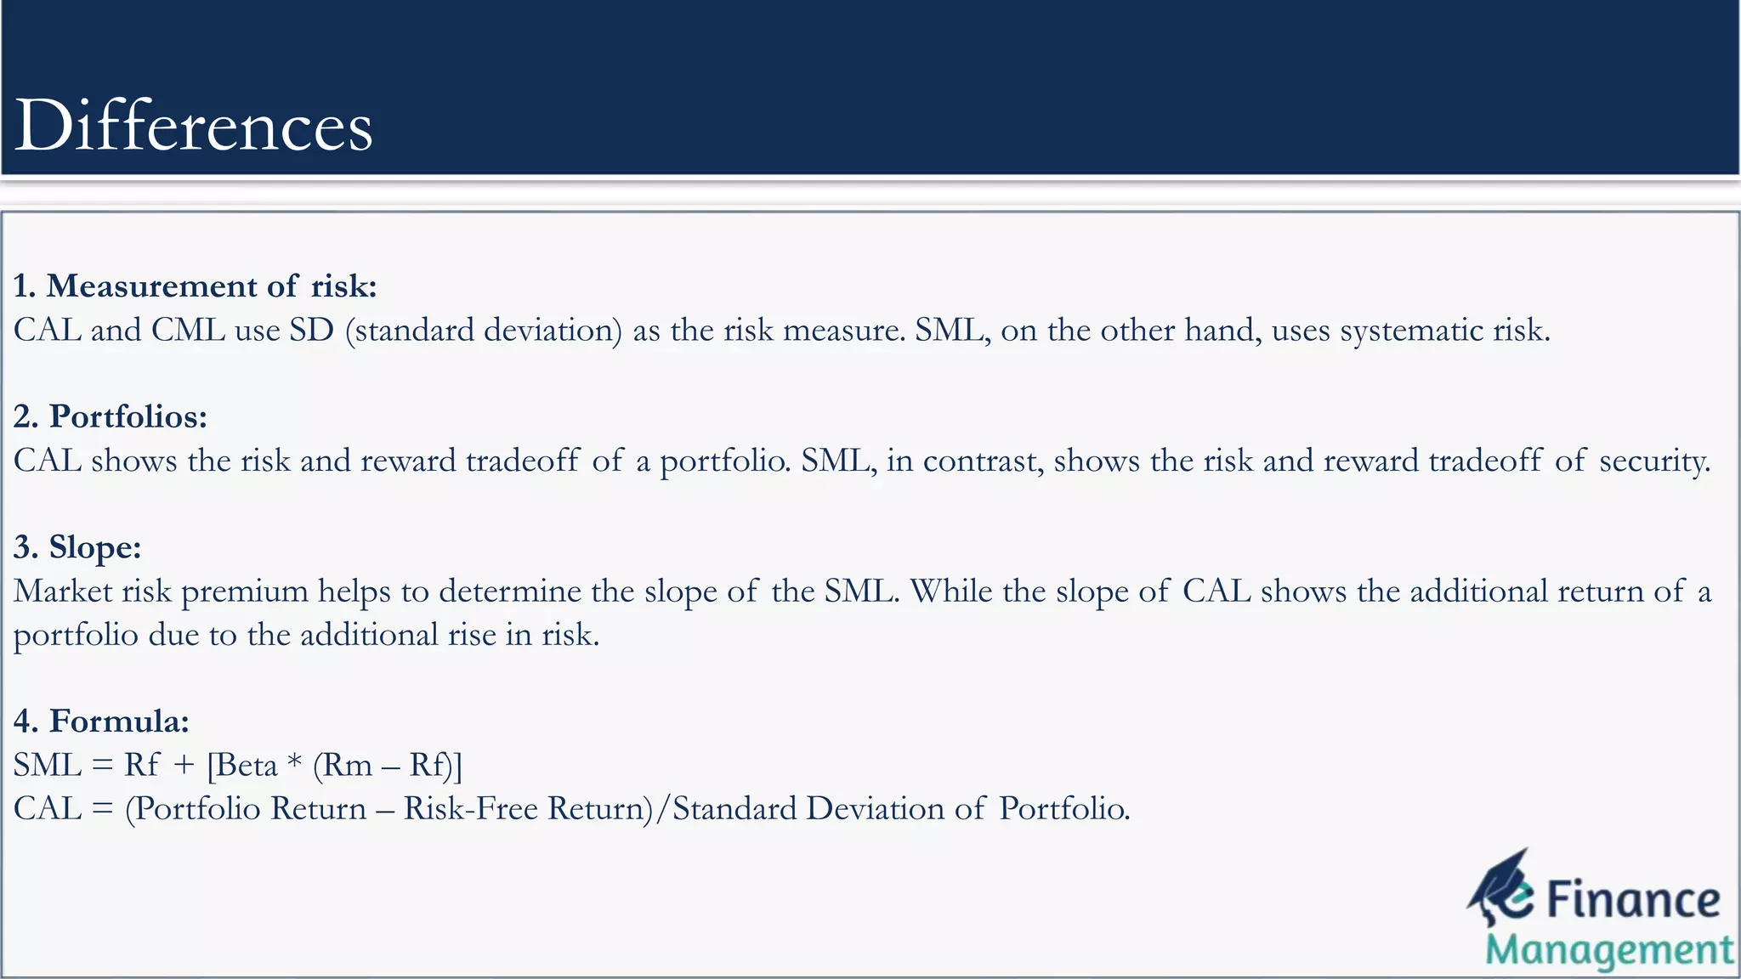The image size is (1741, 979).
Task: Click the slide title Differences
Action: (194, 126)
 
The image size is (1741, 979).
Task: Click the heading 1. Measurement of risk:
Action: (195, 286)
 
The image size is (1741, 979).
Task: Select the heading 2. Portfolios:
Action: (111, 416)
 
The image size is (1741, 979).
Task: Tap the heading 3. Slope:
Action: (77, 546)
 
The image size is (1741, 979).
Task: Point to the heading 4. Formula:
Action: (101, 721)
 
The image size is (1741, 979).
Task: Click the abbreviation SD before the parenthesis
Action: (311, 330)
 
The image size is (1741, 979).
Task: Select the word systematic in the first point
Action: (1411, 330)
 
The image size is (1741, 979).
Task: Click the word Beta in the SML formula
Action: (247, 765)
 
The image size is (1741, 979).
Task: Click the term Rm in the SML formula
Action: (348, 765)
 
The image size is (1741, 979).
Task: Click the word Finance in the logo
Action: (1633, 899)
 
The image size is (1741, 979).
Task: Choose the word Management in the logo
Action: (1609, 950)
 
